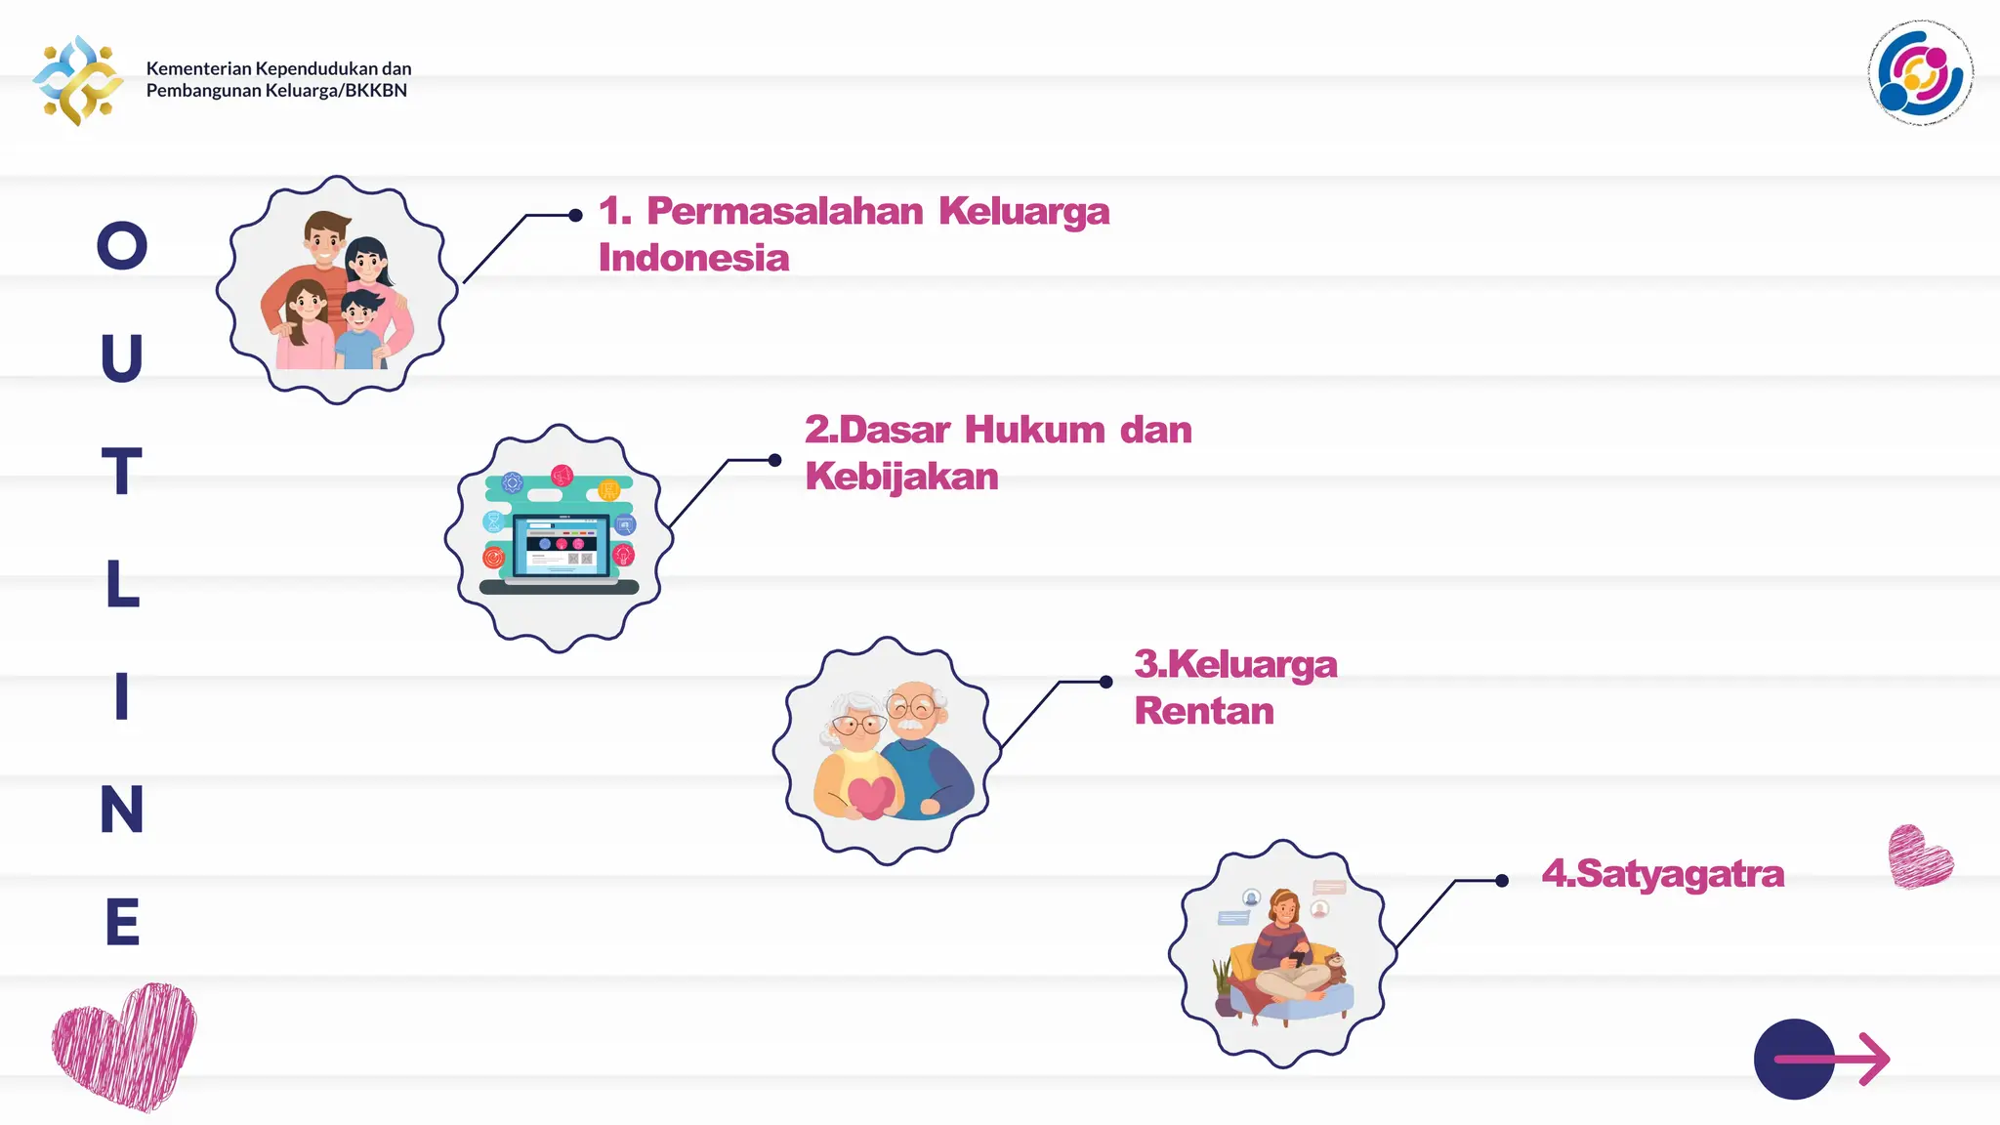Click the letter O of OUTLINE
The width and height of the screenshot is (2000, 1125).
pyautogui.click(x=122, y=245)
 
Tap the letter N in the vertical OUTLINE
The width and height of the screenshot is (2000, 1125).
pyautogui.click(x=122, y=809)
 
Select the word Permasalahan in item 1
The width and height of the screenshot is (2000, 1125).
pyautogui.click(x=784, y=211)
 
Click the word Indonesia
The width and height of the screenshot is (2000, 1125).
pyautogui.click(x=693, y=258)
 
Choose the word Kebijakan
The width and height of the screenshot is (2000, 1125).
pyautogui.click(x=901, y=477)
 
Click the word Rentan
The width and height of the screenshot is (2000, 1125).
pyautogui.click(x=1204, y=711)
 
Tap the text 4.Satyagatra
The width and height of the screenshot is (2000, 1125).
pyautogui.click(x=1662, y=873)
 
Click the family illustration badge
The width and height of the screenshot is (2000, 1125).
pyautogui.click(x=337, y=290)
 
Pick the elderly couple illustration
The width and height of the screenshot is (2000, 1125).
pyautogui.click(x=888, y=751)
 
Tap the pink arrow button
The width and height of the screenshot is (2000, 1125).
pyautogui.click(x=1822, y=1060)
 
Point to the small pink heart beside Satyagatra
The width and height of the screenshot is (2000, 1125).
pyautogui.click(x=1919, y=857)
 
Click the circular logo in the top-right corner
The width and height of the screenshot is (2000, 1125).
pyautogui.click(x=1920, y=73)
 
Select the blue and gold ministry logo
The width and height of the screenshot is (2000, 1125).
pyautogui.click(x=78, y=80)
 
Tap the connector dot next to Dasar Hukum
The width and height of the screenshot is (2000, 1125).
pyautogui.click(x=774, y=460)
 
